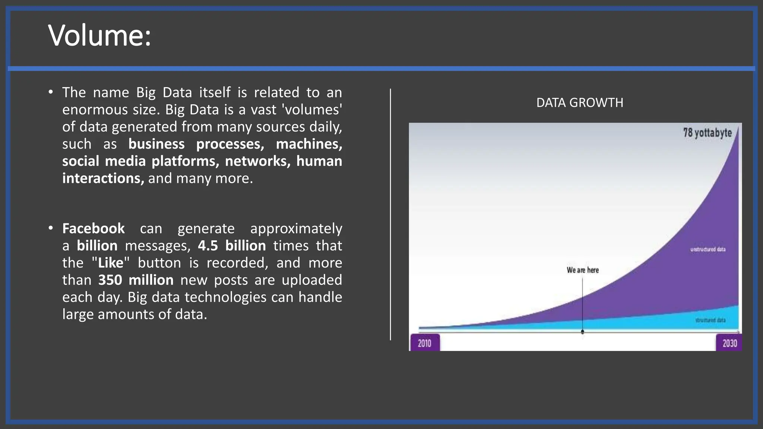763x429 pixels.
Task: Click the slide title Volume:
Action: point(99,36)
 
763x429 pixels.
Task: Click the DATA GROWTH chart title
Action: point(579,103)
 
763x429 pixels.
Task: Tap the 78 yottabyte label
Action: point(707,133)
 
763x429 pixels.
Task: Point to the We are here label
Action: point(583,270)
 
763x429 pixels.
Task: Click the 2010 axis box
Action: point(425,343)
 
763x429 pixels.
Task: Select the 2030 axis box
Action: point(729,343)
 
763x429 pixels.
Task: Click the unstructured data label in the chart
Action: point(708,249)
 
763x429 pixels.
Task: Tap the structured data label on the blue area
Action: point(710,320)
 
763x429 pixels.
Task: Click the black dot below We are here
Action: point(583,331)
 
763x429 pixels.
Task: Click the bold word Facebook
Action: point(94,229)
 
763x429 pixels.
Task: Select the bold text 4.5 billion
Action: point(232,246)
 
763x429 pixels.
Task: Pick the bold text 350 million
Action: point(136,280)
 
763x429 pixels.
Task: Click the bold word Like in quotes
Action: point(111,263)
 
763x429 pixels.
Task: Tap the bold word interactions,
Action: point(103,178)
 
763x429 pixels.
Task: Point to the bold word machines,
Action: point(309,144)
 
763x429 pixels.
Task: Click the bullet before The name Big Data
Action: point(51,92)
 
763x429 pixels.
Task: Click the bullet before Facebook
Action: point(51,228)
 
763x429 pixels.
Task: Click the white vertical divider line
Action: point(390,214)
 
